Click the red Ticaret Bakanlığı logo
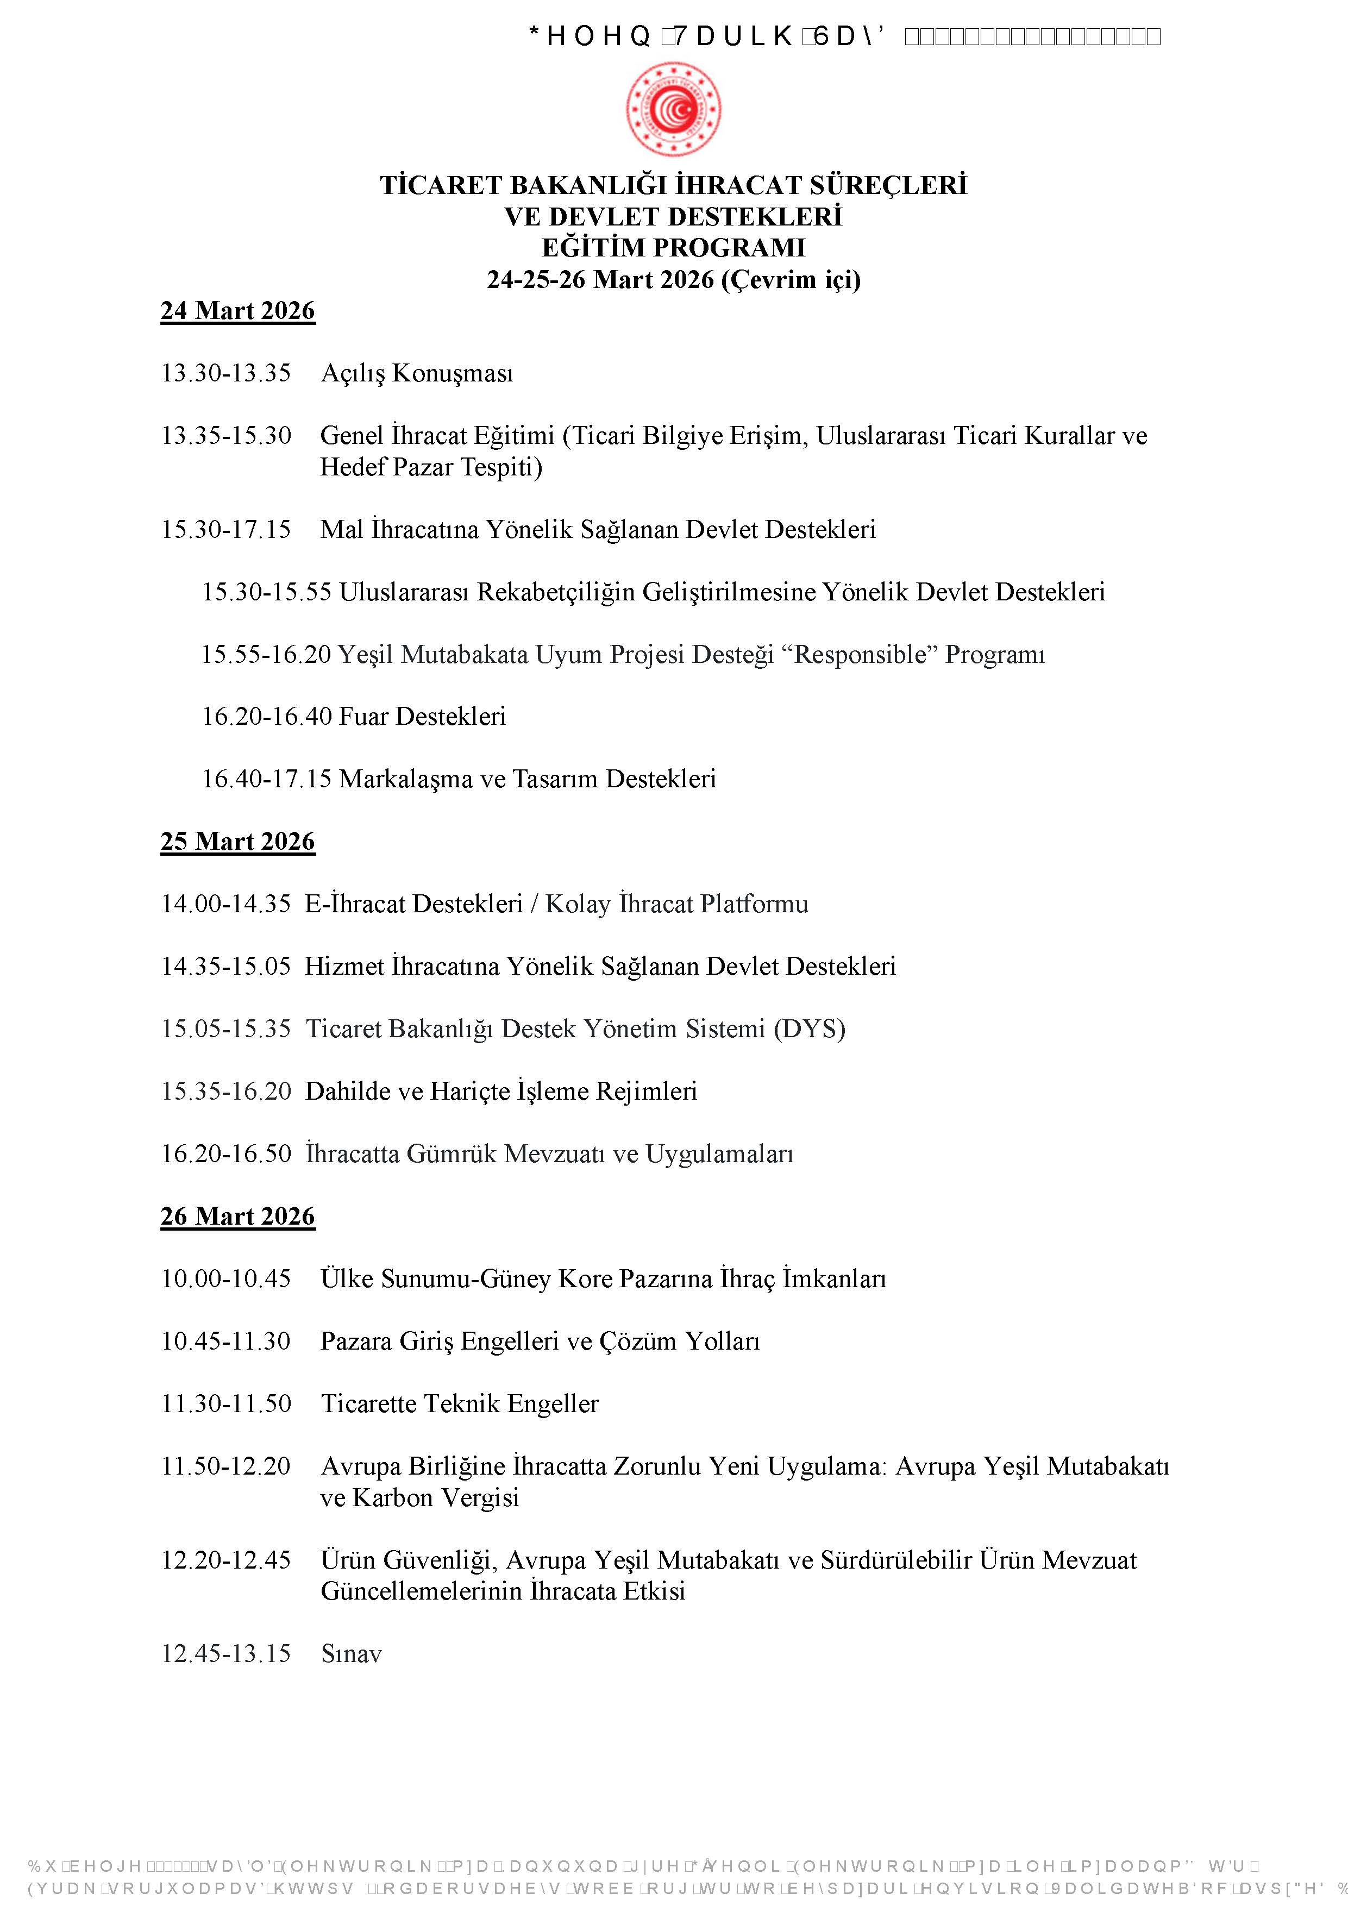(x=673, y=109)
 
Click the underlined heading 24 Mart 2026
(x=237, y=311)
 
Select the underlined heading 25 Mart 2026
(x=237, y=842)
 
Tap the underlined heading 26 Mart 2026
(x=237, y=1217)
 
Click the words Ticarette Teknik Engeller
(x=460, y=1405)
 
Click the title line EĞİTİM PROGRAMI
(x=673, y=248)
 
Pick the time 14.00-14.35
(x=226, y=905)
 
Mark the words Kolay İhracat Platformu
(x=676, y=905)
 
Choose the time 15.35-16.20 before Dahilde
(x=226, y=1092)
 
